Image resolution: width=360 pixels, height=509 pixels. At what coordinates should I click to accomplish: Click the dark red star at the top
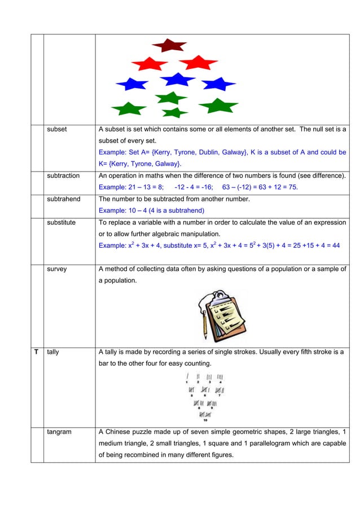pos(169,45)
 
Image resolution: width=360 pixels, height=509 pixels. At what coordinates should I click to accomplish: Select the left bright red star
pos(149,63)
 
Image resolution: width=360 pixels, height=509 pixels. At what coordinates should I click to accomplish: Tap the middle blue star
pos(178,80)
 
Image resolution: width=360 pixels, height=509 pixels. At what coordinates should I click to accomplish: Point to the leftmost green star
pos(129,108)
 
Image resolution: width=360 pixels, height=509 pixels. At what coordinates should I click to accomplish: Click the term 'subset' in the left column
pos(57,129)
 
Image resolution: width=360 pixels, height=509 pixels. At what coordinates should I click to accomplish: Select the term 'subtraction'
pos(63,176)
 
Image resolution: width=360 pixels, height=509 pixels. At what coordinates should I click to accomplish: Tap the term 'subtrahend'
pos(64,199)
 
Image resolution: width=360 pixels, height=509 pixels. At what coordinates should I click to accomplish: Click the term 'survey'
pos(57,269)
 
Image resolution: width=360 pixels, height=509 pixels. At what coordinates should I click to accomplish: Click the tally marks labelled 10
pos(205,415)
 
